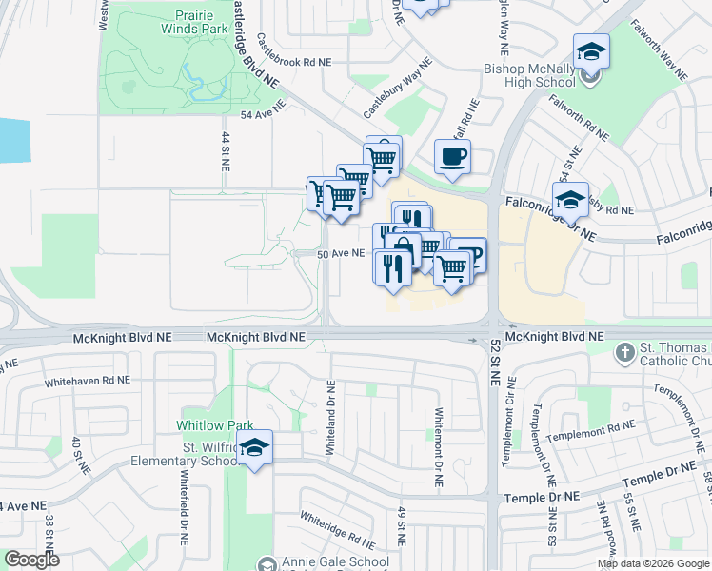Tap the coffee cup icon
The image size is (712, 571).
452,155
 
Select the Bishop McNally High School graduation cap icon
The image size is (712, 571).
591,51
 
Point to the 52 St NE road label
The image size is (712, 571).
495,364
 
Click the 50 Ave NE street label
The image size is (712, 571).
341,253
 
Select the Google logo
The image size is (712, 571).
31,560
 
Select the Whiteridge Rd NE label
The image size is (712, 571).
337,529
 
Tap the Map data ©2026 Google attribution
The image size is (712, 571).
653,563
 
